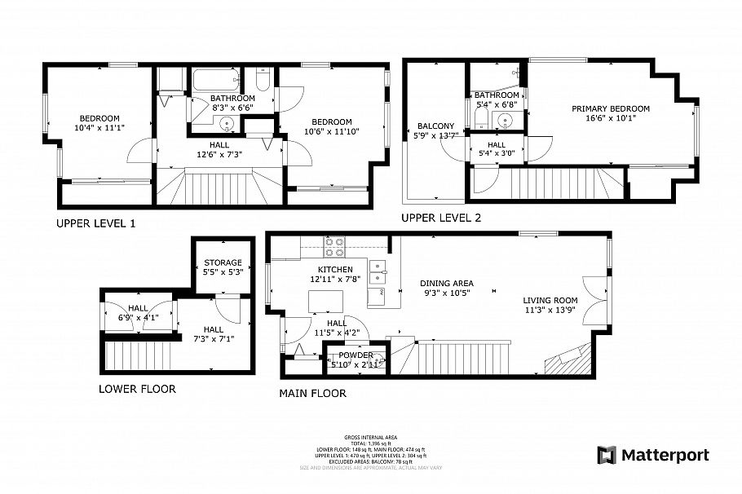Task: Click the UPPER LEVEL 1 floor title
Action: click(95, 223)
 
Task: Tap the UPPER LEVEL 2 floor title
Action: click(441, 218)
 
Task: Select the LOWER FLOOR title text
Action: click(137, 389)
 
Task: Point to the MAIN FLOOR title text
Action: click(312, 393)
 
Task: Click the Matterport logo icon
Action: click(607, 455)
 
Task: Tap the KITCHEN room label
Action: click(335, 270)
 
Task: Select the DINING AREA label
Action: click(446, 284)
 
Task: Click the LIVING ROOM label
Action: click(550, 299)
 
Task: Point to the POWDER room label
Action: click(356, 355)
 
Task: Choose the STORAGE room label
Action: click(223, 262)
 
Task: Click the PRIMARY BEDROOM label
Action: click(610, 108)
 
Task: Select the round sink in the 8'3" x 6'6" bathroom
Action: click(227, 125)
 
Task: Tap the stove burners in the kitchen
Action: click(334, 245)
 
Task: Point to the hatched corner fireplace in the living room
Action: click(568, 358)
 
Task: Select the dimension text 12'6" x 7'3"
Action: click(219, 153)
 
